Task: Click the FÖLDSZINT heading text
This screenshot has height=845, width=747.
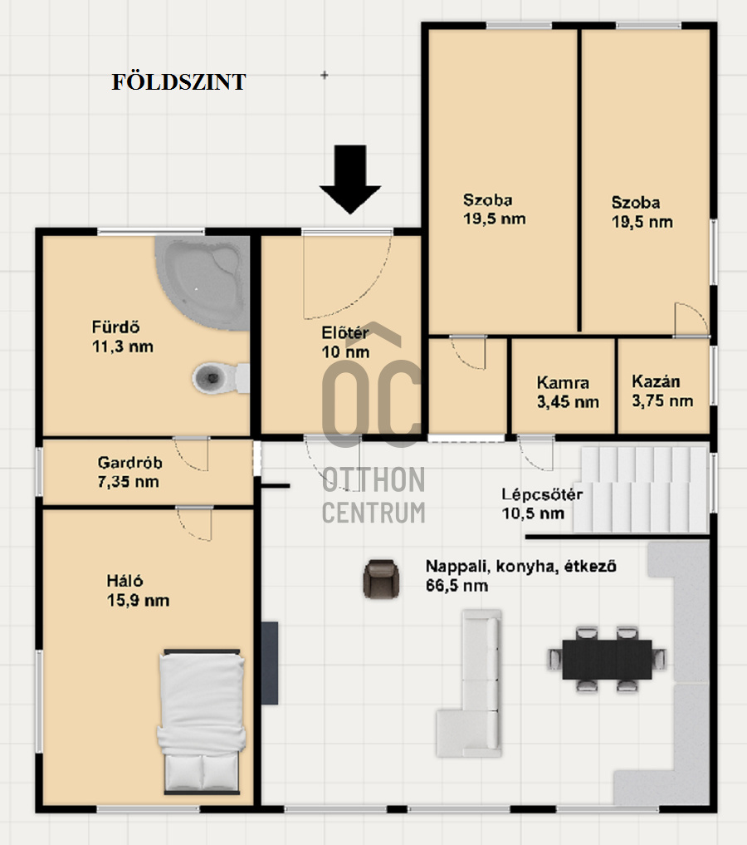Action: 178,82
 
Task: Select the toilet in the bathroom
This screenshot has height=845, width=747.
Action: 217,379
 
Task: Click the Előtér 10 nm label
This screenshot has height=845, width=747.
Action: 345,342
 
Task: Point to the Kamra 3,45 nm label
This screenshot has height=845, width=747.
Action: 567,392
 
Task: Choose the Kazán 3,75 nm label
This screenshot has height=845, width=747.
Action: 662,391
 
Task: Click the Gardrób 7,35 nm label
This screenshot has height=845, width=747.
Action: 129,472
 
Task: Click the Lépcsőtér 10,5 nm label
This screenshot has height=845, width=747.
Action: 541,504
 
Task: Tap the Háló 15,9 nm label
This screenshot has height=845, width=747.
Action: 137,591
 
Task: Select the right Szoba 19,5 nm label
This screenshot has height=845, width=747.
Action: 642,212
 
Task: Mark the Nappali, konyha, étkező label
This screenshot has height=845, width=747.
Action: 520,575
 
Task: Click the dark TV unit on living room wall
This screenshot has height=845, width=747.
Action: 270,662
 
